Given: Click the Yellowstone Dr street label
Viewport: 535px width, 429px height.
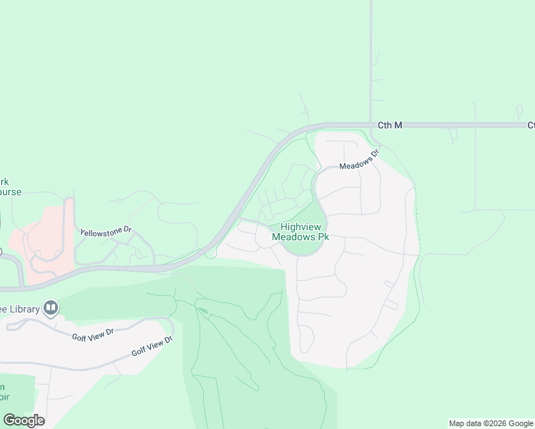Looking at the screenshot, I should [107, 232].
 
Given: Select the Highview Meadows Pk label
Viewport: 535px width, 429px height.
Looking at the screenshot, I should [300, 232].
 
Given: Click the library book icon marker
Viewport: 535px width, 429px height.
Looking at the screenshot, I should [51, 308].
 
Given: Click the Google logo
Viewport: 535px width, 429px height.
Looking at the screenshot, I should [24, 420].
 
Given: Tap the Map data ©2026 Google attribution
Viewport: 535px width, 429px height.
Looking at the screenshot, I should [491, 423].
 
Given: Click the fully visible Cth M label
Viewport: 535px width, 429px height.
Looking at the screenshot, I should [390, 125].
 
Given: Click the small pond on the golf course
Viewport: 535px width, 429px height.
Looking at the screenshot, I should [203, 310].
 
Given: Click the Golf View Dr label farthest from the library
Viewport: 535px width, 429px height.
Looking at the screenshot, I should [152, 347].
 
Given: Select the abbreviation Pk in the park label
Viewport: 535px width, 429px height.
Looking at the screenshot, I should [323, 237].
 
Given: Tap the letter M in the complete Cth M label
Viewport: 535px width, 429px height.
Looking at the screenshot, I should [398, 125].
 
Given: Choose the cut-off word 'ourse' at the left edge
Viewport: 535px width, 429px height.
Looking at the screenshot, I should [10, 192].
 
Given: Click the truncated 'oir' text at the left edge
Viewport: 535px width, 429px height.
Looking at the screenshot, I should [4, 397].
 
